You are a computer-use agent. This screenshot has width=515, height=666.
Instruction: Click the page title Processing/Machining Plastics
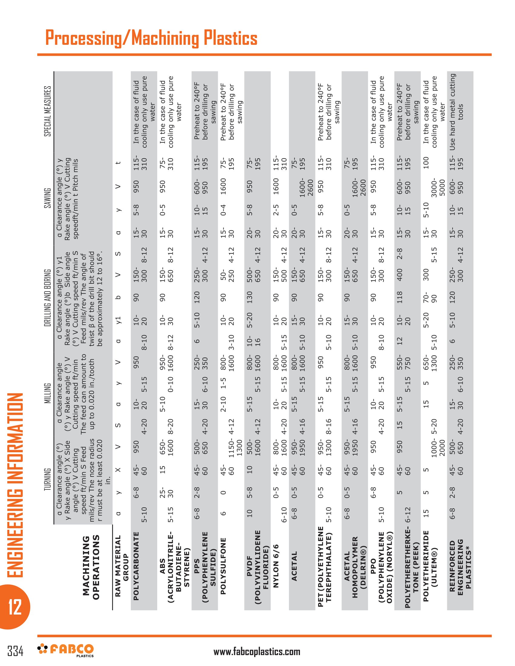tap(151, 38)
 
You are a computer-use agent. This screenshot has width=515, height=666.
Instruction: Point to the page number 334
tap(15, 651)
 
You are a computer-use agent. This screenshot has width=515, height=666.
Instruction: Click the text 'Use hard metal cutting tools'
tap(457, 112)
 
